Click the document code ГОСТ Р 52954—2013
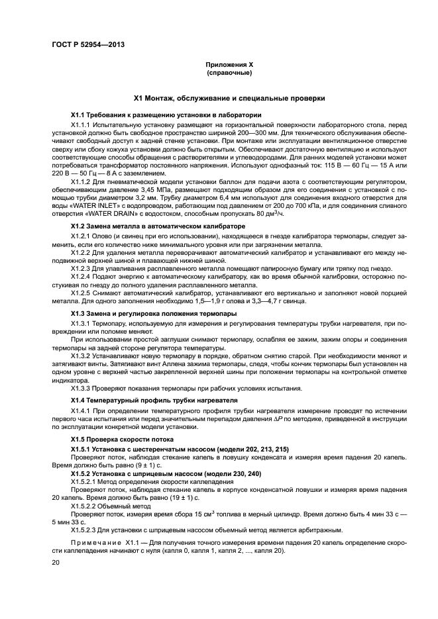click(x=88, y=45)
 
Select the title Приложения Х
click(x=229, y=65)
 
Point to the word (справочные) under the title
click(x=229, y=72)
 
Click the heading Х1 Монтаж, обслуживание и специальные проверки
click(x=229, y=98)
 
